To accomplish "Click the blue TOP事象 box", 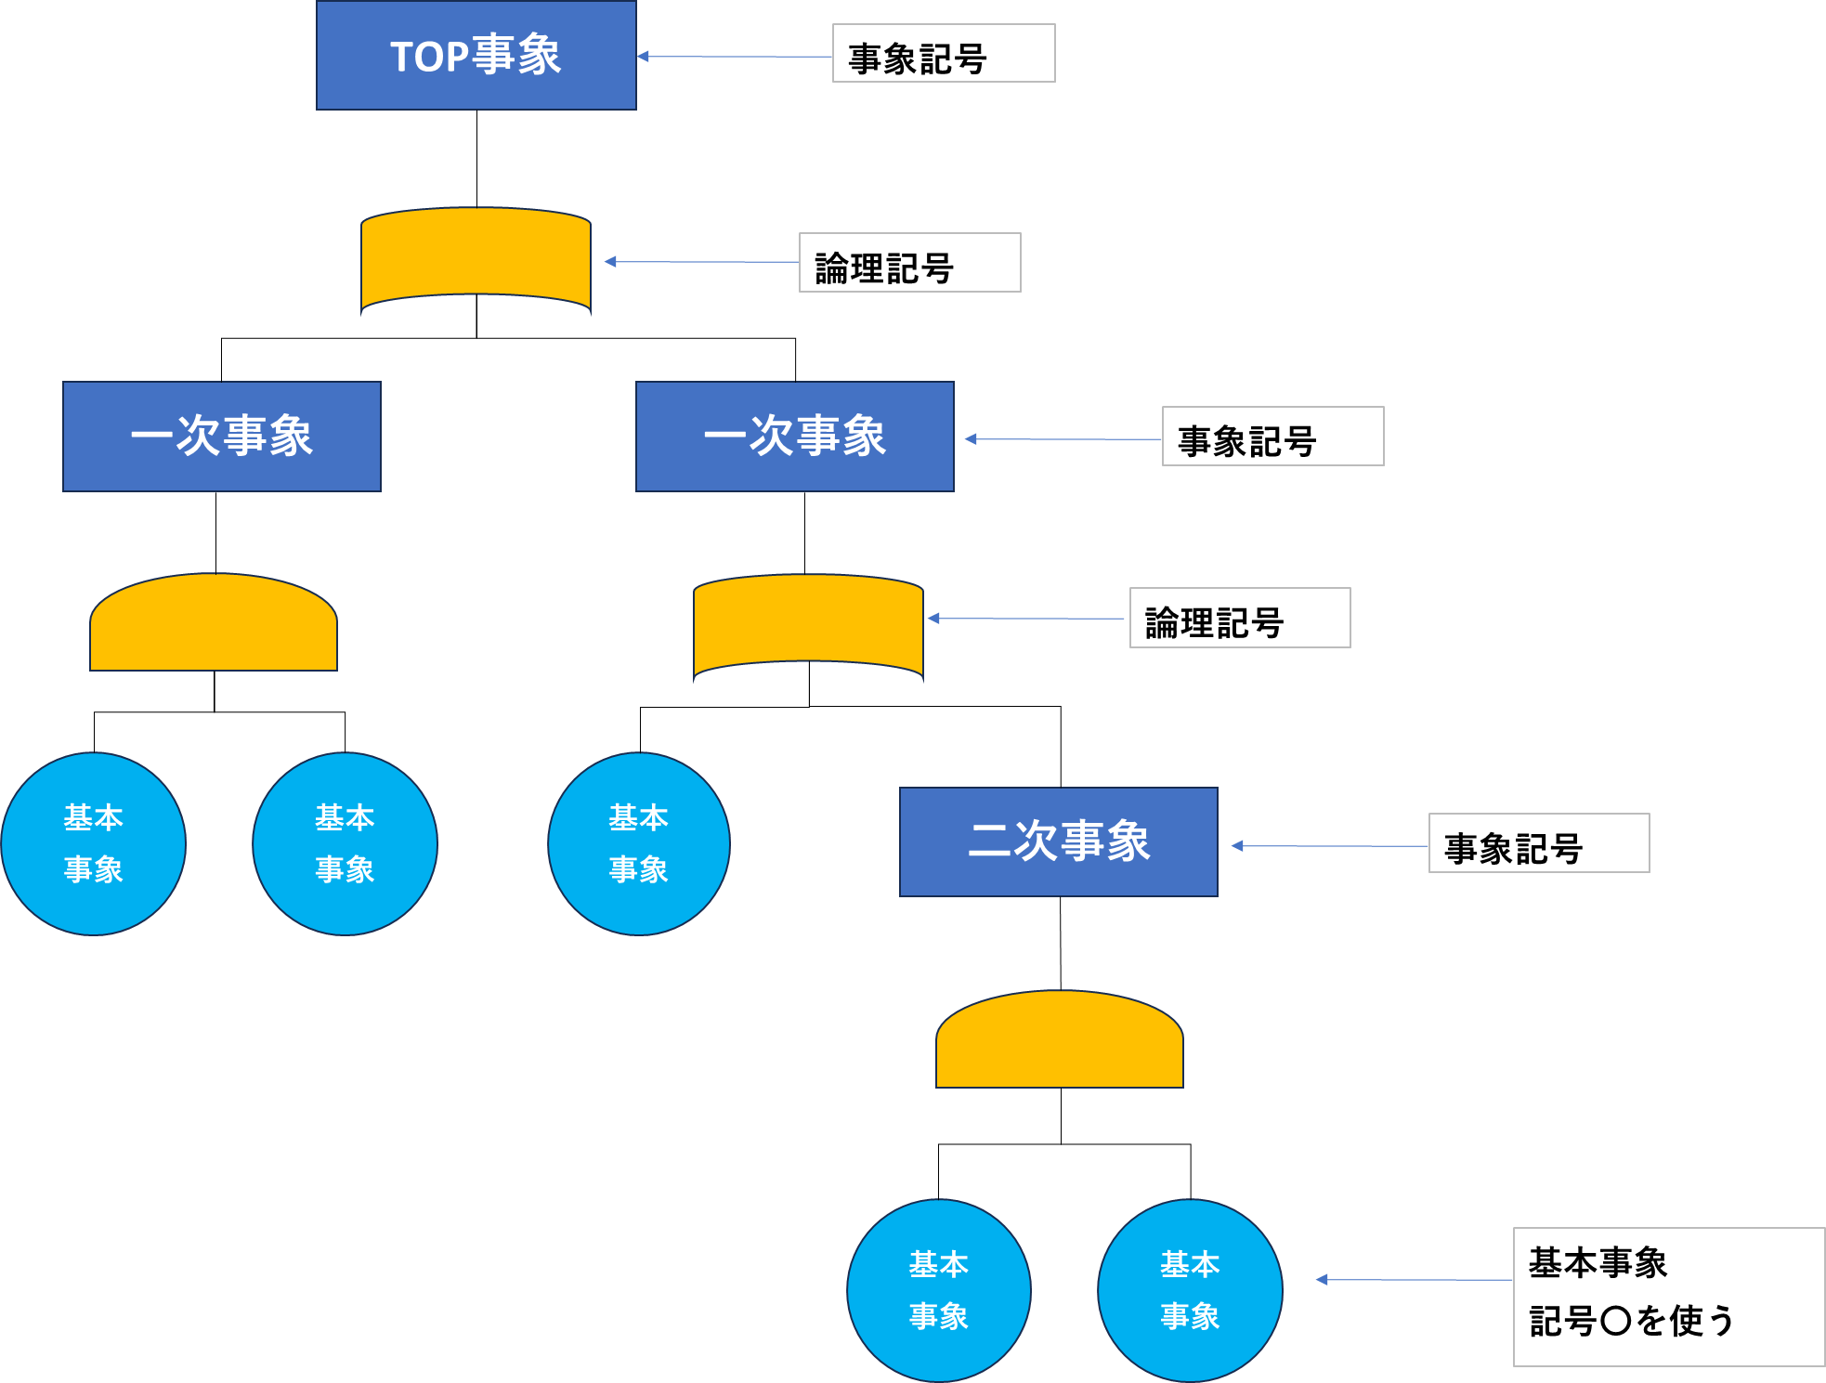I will [x=476, y=56].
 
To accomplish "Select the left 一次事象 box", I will [x=222, y=436].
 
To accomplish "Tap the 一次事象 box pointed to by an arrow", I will [x=794, y=436].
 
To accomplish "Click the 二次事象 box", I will [x=1058, y=842].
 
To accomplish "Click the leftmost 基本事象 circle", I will [x=93, y=843].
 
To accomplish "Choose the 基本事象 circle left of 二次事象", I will [x=639, y=843].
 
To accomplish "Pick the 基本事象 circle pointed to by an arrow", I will [x=1190, y=1290].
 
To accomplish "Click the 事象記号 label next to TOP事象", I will [x=943, y=54].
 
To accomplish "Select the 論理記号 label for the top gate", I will [x=909, y=263].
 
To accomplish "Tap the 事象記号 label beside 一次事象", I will [x=1272, y=437].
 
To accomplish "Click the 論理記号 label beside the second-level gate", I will [x=1239, y=618].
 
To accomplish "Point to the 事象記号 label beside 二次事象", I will [x=1538, y=843].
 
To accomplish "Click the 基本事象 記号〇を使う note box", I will [x=1668, y=1297].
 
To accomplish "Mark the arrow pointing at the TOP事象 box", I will [x=734, y=57].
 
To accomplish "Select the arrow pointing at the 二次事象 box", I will [x=1328, y=845].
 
